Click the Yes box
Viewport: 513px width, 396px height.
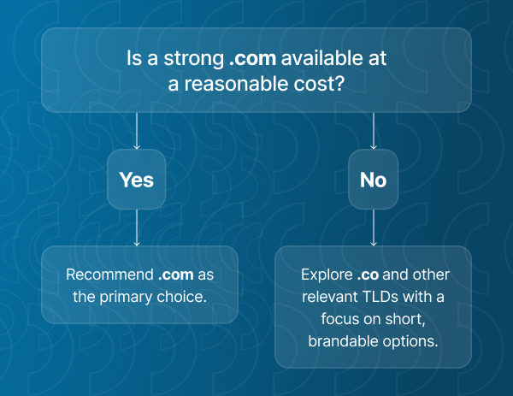click(x=137, y=180)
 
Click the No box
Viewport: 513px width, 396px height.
click(x=373, y=180)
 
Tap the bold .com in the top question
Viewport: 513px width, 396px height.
click(x=250, y=61)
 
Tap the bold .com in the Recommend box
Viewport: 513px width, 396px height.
click(x=175, y=275)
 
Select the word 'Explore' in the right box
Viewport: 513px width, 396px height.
click(x=327, y=275)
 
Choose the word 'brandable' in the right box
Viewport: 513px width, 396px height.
click(x=340, y=341)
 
